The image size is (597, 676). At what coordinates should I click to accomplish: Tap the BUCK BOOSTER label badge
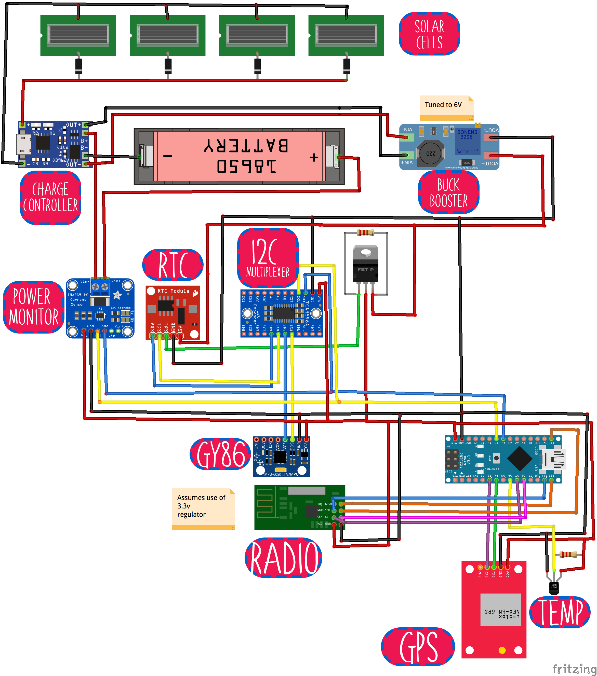point(448,192)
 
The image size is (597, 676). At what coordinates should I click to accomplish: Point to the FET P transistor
point(365,265)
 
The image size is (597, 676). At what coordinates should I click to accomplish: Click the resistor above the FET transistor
point(365,233)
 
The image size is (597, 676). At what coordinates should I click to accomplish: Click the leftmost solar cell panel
point(78,35)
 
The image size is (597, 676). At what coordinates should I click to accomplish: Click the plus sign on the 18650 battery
point(314,157)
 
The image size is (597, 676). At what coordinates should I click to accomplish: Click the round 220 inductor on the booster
point(430,153)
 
